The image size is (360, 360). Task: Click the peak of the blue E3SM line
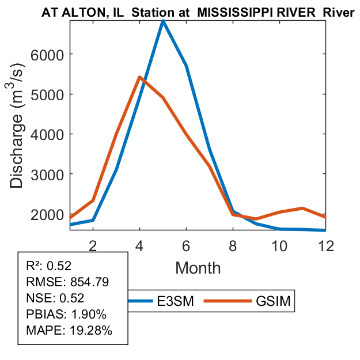[x=163, y=21]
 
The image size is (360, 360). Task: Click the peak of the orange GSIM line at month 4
[x=139, y=77]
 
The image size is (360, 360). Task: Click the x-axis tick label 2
[x=92, y=245]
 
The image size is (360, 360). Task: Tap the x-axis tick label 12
[x=326, y=245]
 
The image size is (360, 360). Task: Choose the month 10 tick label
[x=279, y=245]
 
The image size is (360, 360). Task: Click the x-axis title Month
[x=198, y=268]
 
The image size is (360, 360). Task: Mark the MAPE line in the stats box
[x=69, y=331]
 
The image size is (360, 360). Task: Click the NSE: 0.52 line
[x=55, y=298]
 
